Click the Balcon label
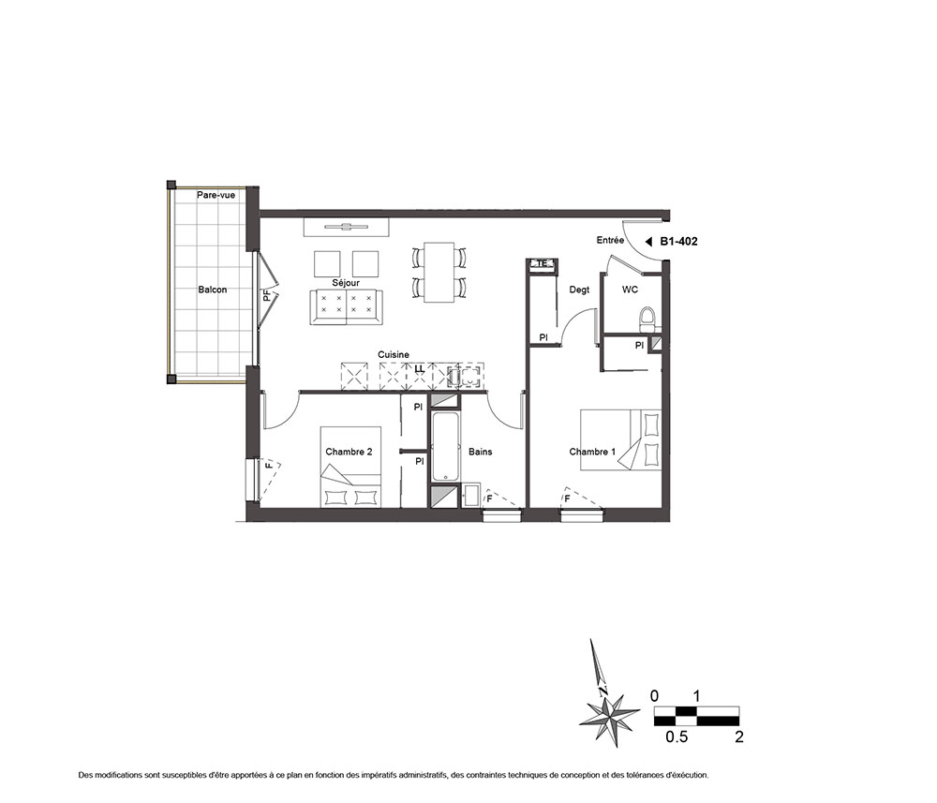tap(213, 290)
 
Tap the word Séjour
tap(346, 283)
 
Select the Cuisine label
tap(394, 355)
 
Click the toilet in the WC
tap(647, 320)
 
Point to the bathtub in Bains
tap(445, 446)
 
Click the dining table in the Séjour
tap(439, 272)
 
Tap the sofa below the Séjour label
tap(346, 307)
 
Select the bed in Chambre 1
tap(621, 440)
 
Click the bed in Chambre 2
tap(350, 467)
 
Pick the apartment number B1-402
tap(678, 242)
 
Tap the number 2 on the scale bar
tap(739, 737)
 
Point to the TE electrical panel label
tap(542, 263)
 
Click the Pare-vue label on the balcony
tap(216, 195)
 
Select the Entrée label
tap(610, 240)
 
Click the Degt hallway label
tap(579, 290)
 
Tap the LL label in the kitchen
tap(420, 369)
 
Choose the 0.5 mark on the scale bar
tap(677, 737)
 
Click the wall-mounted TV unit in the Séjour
tap(347, 227)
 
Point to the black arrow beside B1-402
tap(648, 242)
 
